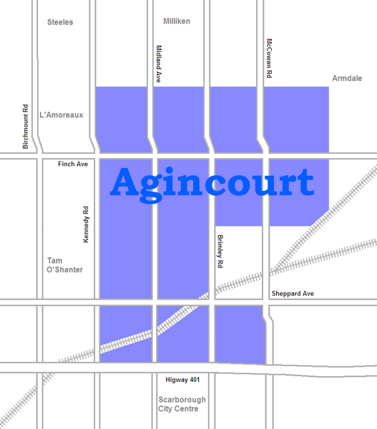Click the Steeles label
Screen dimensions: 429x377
[x=60, y=22]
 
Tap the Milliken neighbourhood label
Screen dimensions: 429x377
[x=177, y=21]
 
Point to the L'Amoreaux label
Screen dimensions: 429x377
[x=62, y=114]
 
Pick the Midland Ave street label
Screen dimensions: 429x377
[x=158, y=64]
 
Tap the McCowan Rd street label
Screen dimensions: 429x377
[x=269, y=58]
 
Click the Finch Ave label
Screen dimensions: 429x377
[x=73, y=164]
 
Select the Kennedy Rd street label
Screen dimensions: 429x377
[x=85, y=224]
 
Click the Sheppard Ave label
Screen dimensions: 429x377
[x=292, y=294]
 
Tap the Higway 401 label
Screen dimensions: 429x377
[x=175, y=380]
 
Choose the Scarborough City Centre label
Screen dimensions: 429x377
[x=182, y=405]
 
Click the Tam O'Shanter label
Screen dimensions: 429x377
[x=64, y=265]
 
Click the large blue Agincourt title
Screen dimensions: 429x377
[x=212, y=184]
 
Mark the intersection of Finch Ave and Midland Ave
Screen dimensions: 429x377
[x=153, y=156]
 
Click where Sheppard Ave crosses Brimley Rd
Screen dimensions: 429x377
[x=212, y=302]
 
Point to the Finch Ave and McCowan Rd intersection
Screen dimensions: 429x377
[x=265, y=156]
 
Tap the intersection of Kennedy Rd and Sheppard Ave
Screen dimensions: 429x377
[x=96, y=302]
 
